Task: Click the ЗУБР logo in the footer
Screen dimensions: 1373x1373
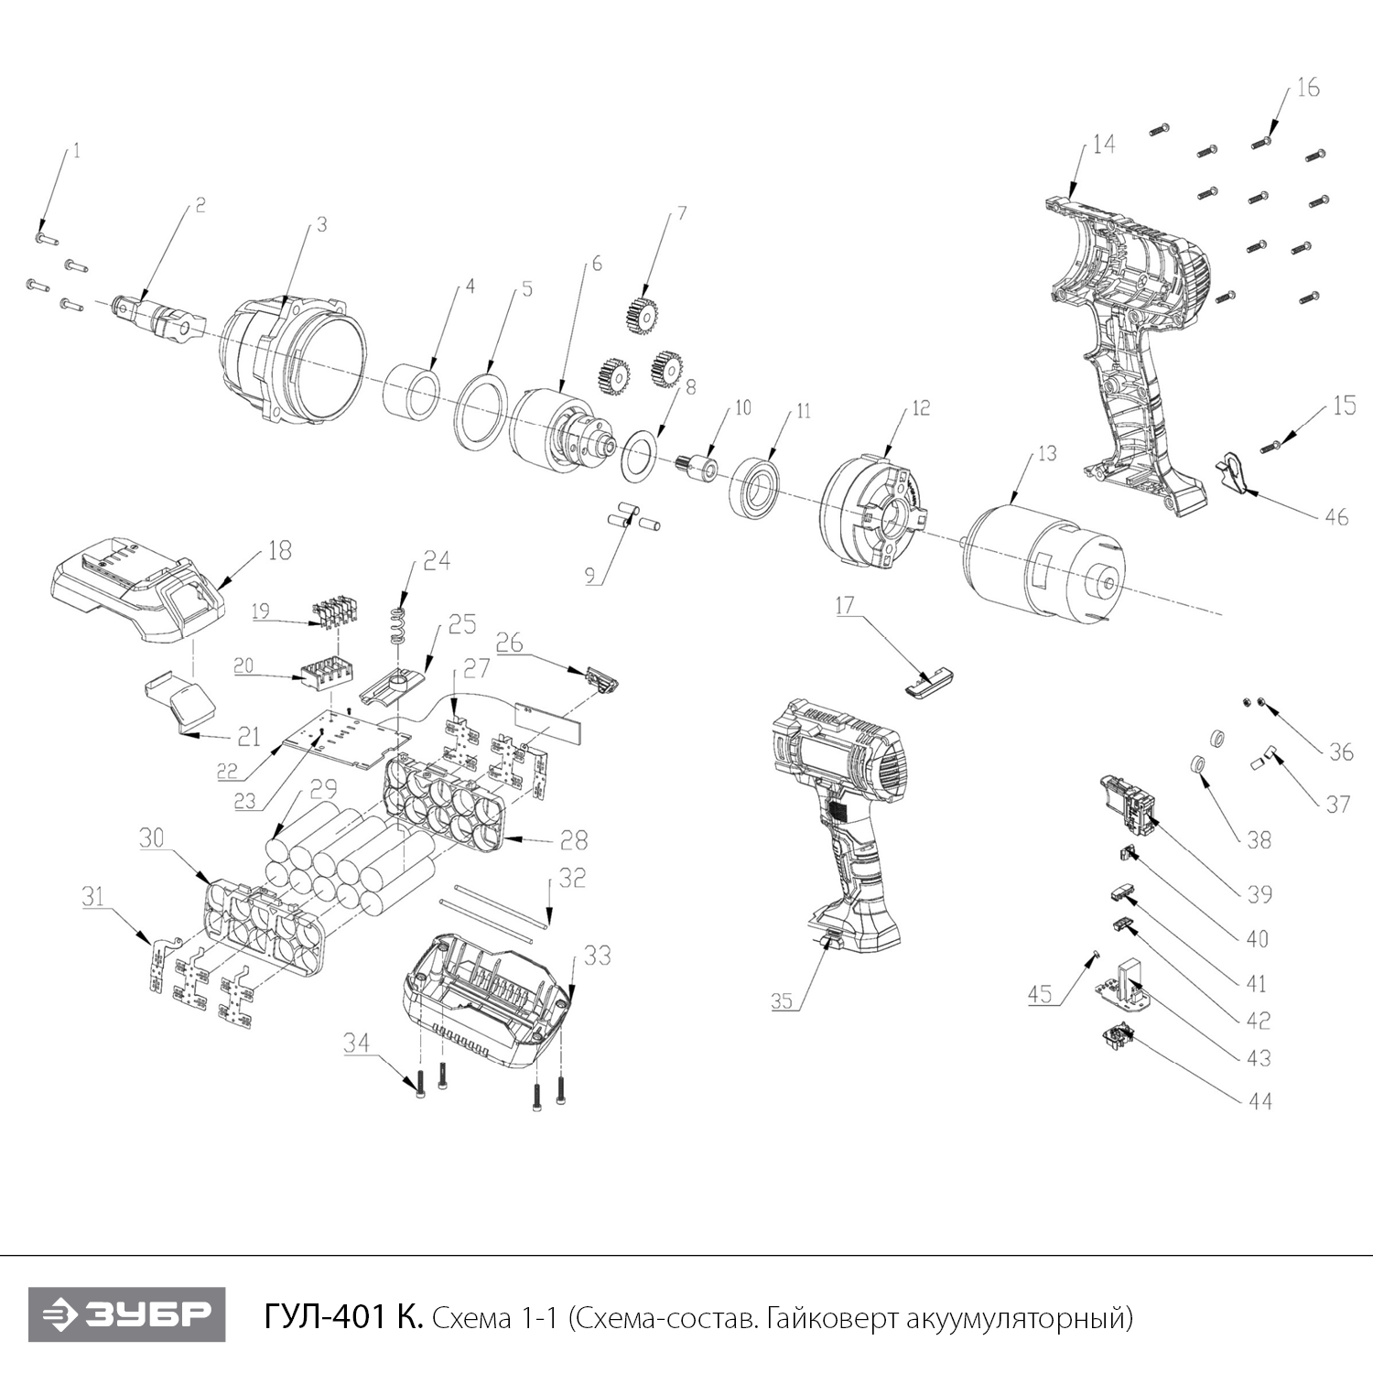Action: coord(126,1315)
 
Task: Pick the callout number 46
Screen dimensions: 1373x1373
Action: coord(1336,517)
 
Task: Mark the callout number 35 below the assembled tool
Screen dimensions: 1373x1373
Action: coord(781,1001)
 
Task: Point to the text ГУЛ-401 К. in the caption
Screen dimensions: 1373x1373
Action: coord(343,1318)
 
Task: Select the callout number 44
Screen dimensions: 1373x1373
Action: coord(1260,1101)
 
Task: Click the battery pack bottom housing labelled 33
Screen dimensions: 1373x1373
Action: coord(485,1002)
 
